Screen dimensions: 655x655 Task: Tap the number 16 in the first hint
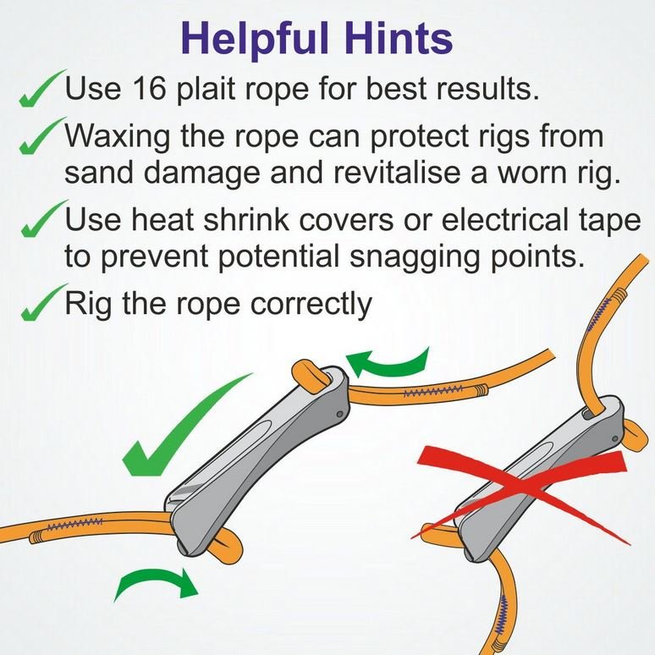click(149, 88)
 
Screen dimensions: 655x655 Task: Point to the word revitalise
click(399, 173)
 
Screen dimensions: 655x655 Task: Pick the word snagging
click(414, 258)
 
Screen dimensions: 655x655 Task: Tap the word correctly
click(311, 305)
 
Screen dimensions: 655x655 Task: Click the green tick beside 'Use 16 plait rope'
click(41, 89)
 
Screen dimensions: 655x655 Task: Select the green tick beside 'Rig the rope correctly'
click(43, 302)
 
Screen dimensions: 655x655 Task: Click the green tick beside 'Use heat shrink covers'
click(43, 218)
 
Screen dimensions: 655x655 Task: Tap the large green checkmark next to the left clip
click(184, 426)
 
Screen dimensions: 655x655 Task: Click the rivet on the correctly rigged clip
click(339, 415)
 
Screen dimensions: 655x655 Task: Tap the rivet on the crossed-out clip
click(614, 438)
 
